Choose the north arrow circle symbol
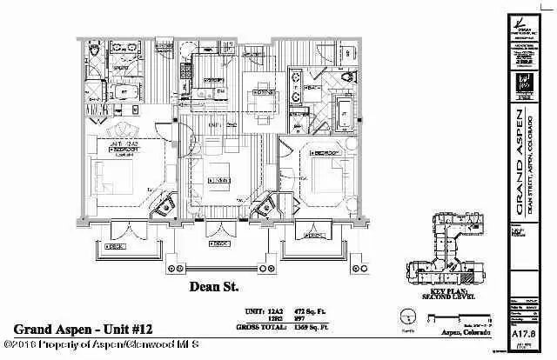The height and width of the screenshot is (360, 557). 406,315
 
